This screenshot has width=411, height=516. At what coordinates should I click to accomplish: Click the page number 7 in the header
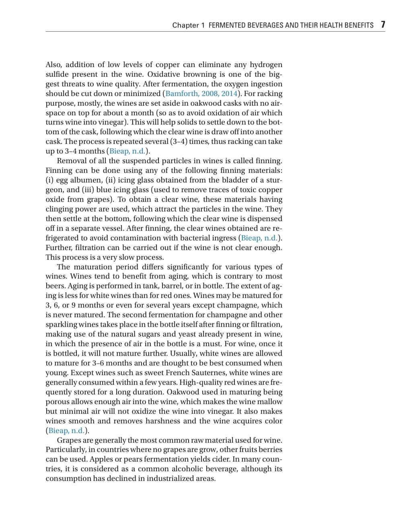point(383,25)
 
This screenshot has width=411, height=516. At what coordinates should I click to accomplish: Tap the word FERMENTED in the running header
point(227,25)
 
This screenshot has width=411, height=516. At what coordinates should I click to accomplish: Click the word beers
point(56,286)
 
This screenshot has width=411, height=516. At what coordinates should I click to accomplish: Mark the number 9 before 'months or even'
point(74,305)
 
